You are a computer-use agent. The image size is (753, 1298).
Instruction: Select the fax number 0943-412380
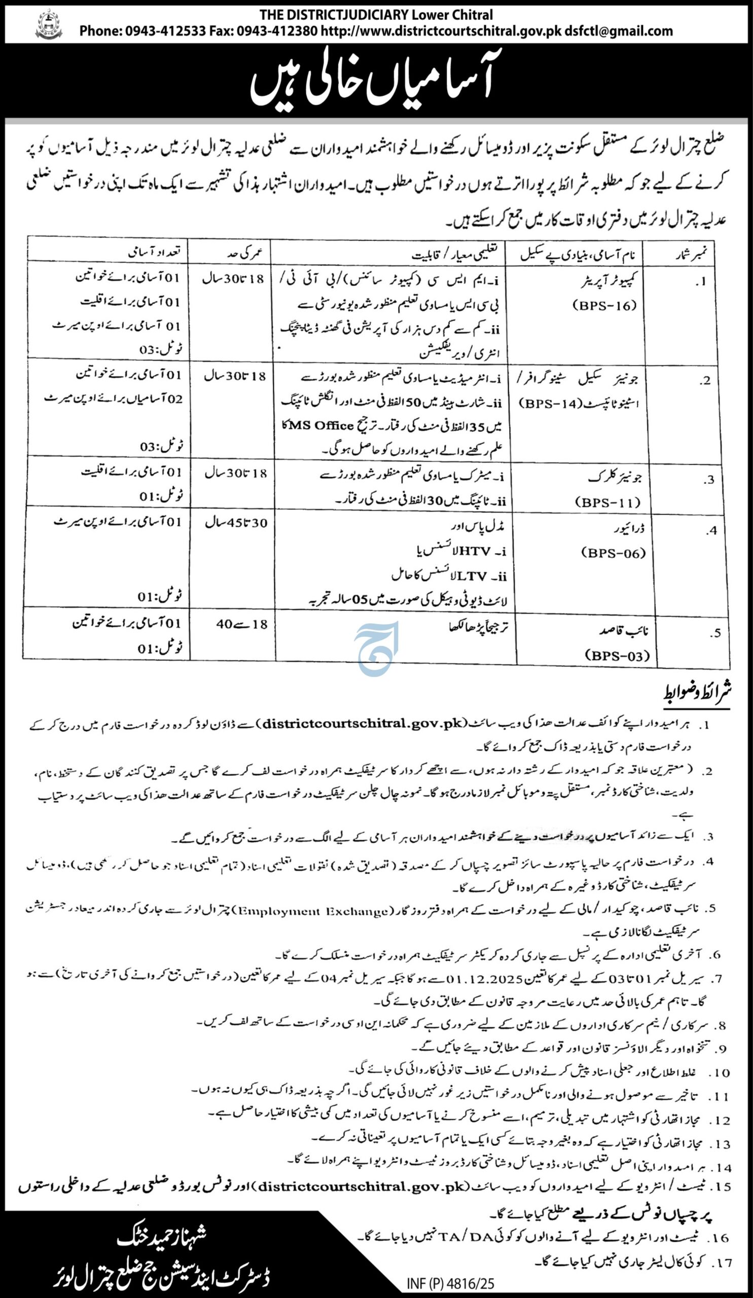(277, 31)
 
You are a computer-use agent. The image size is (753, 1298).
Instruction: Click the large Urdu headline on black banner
(371, 83)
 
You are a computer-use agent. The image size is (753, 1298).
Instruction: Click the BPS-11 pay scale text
(608, 502)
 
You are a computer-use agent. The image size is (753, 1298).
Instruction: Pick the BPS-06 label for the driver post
(614, 553)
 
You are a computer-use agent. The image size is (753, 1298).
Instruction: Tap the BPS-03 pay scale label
(618, 656)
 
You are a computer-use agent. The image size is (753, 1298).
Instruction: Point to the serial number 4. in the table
(712, 530)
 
